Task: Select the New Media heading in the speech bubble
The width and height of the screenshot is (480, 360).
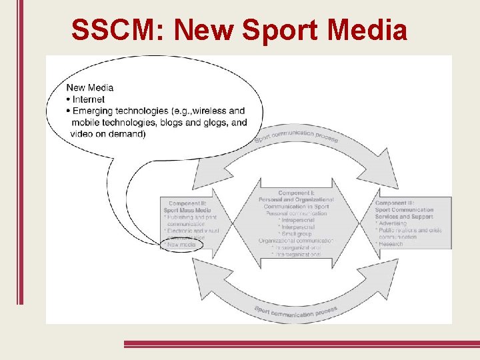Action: point(90,87)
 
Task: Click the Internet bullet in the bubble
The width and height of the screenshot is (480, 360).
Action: point(88,99)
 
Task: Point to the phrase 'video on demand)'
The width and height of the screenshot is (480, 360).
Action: point(108,134)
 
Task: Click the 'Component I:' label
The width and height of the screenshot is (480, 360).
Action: point(296,193)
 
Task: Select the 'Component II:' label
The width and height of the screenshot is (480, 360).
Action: point(187,203)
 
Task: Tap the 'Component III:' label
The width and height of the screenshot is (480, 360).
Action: point(395,203)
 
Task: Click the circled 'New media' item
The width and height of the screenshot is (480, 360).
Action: point(181,245)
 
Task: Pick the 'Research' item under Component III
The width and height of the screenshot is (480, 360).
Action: point(391,244)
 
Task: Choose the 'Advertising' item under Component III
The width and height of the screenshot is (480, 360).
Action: point(394,223)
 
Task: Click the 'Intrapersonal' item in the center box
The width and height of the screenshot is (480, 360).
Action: point(297,220)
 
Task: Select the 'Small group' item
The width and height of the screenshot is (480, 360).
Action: point(296,234)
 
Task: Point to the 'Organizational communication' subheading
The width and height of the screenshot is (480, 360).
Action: point(296,241)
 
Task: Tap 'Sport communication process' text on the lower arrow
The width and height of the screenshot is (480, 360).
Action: point(296,311)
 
